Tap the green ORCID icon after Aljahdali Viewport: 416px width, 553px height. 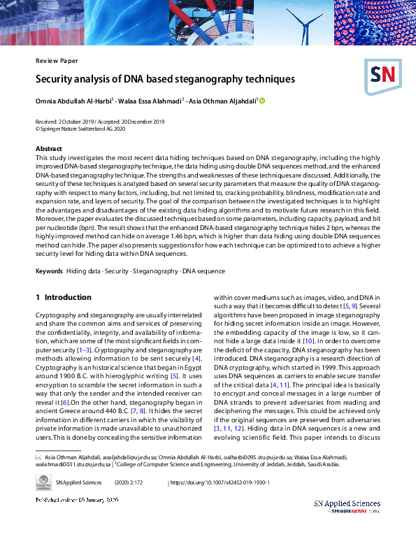(263, 101)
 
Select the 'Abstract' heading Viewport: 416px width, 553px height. (49, 149)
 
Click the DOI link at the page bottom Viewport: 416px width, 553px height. (220, 482)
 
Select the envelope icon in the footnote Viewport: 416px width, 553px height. (38, 457)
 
